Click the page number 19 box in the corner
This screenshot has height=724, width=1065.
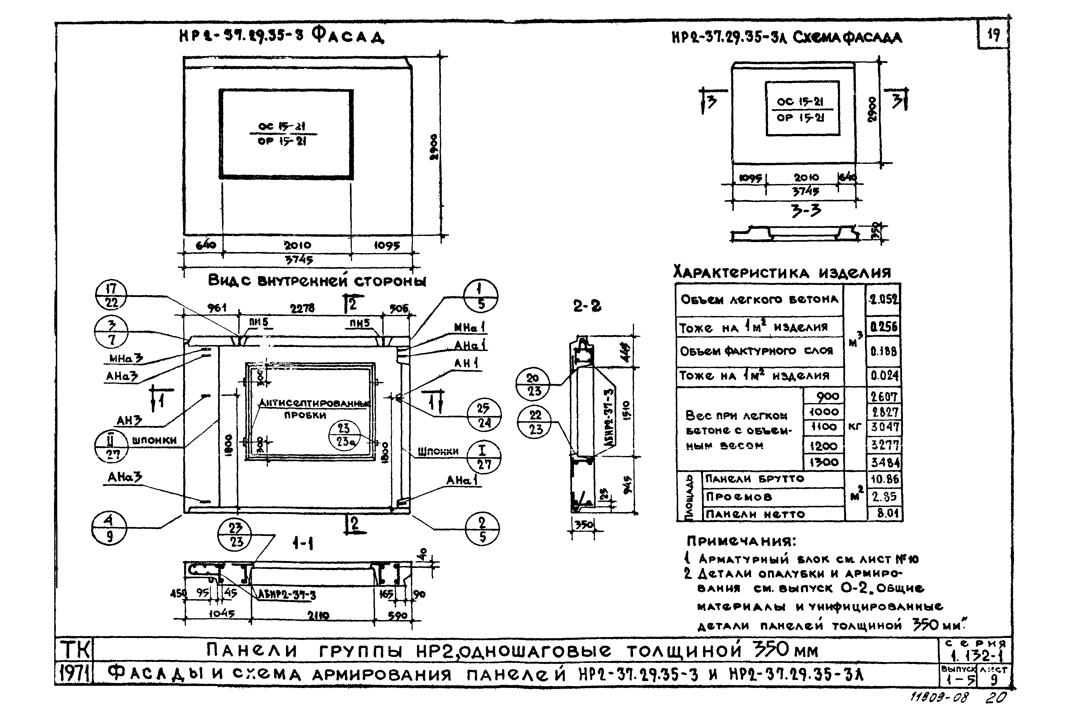(x=993, y=35)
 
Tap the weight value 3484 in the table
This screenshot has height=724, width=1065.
(x=884, y=462)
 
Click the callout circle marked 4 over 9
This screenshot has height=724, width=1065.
(x=109, y=528)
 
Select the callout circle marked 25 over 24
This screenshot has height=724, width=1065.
(x=483, y=415)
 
